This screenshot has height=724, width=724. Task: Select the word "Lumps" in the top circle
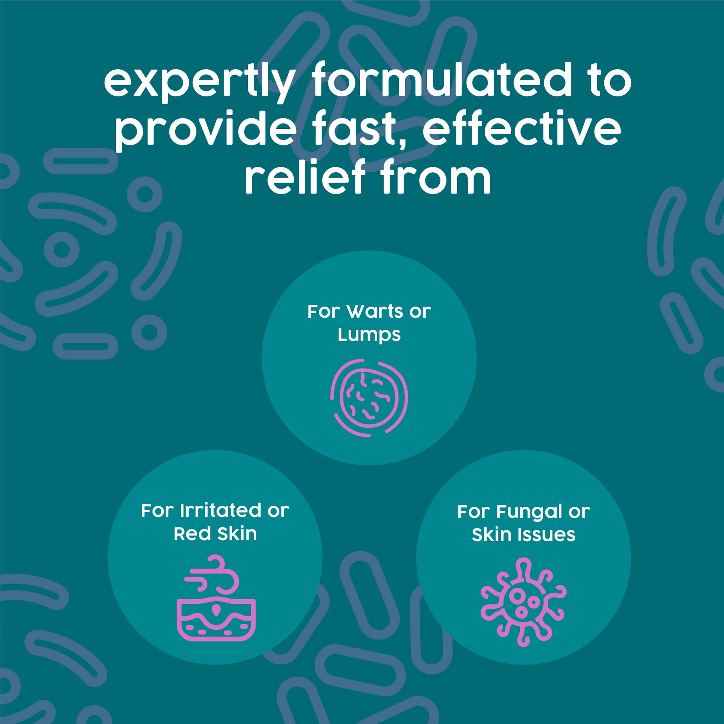[x=369, y=334]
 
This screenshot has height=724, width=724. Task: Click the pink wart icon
[x=369, y=398]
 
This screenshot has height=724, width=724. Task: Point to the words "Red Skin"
[x=215, y=534]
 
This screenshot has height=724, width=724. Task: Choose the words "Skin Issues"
[x=523, y=535]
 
